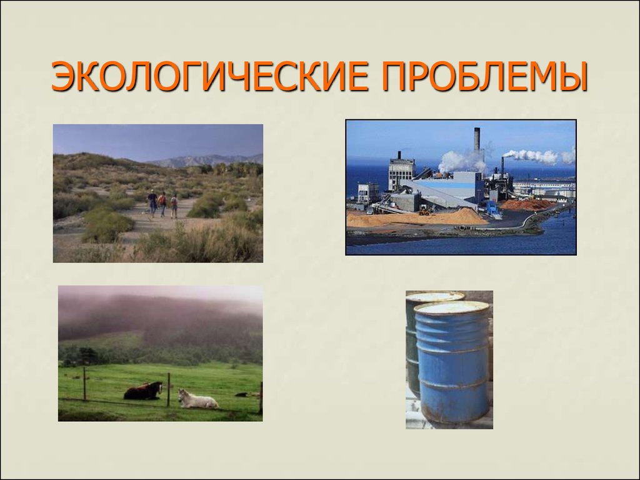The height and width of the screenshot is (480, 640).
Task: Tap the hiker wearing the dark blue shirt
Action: (152, 203)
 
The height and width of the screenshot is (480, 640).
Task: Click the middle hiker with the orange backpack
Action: (163, 204)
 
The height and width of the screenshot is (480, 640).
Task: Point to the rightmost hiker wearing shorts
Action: (174, 206)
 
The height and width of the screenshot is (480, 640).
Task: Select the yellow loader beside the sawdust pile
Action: (424, 210)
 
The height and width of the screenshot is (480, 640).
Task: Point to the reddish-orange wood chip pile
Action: (526, 204)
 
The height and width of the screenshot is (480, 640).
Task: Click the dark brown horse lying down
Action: (143, 391)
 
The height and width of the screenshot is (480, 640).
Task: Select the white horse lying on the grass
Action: (197, 399)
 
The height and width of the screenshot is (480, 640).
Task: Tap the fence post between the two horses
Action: (168, 390)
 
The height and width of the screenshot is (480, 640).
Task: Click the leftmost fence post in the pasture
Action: (84, 384)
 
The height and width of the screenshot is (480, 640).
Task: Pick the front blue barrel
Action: (452, 362)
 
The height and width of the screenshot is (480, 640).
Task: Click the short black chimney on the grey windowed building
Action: (399, 155)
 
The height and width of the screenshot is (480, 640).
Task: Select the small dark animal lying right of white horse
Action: (242, 395)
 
